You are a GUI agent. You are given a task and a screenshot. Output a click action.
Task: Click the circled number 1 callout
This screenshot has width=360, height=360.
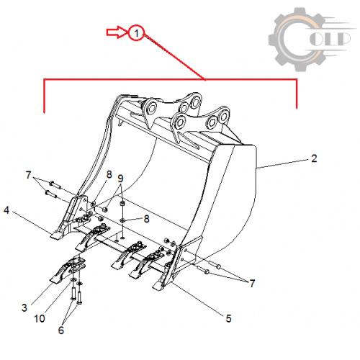click(x=137, y=32)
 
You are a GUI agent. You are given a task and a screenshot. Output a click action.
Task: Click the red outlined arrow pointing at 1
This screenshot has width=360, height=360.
click(x=117, y=32)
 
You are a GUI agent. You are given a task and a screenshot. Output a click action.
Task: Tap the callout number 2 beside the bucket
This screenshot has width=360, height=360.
click(x=314, y=158)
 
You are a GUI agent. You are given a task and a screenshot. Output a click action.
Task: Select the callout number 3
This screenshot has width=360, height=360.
click(x=24, y=307)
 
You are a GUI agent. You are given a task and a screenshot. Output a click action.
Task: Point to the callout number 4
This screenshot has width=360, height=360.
click(x=6, y=210)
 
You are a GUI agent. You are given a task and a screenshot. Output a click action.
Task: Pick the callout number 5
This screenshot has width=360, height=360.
click(x=228, y=318)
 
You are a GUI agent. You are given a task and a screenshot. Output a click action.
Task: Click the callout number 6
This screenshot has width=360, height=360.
click(x=61, y=330)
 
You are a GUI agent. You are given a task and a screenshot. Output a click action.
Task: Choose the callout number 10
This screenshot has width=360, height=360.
click(x=40, y=319)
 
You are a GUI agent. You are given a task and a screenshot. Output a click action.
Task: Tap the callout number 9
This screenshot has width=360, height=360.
click(x=120, y=179)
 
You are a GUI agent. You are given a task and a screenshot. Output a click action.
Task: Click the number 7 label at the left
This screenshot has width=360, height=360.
click(x=28, y=175)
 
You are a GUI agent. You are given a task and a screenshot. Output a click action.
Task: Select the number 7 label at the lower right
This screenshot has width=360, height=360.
click(x=252, y=284)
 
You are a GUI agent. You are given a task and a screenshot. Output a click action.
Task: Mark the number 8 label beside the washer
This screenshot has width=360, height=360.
click(x=146, y=219)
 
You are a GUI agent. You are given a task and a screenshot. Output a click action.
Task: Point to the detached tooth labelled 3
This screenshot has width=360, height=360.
click(x=67, y=269)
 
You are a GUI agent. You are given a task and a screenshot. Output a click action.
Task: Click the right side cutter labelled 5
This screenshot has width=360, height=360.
click(x=178, y=263)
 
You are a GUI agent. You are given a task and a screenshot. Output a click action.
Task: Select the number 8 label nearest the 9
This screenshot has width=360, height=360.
click(x=109, y=175)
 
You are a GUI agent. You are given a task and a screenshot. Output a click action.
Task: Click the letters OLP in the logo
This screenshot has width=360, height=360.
click(x=330, y=38)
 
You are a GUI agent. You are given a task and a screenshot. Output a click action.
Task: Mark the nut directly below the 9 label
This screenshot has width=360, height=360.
click(x=122, y=204)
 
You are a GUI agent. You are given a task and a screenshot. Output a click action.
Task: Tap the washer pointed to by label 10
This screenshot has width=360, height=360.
click(x=73, y=280)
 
